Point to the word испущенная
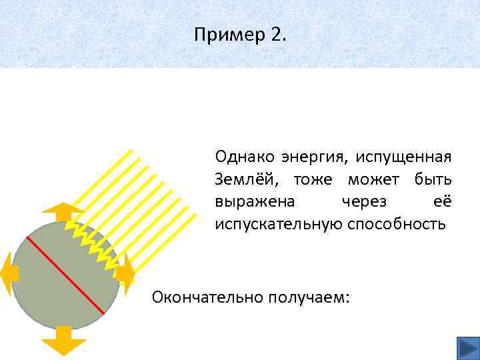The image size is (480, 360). tap(403, 158)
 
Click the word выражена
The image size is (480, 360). tap(247, 201)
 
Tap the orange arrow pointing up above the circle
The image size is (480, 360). tap(63, 211)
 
